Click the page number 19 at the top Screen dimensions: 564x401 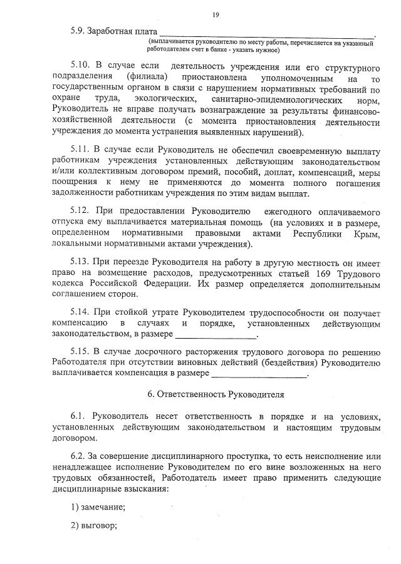pyautogui.click(x=216, y=15)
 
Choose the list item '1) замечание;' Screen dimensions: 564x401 pyautogui.click(x=98, y=506)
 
